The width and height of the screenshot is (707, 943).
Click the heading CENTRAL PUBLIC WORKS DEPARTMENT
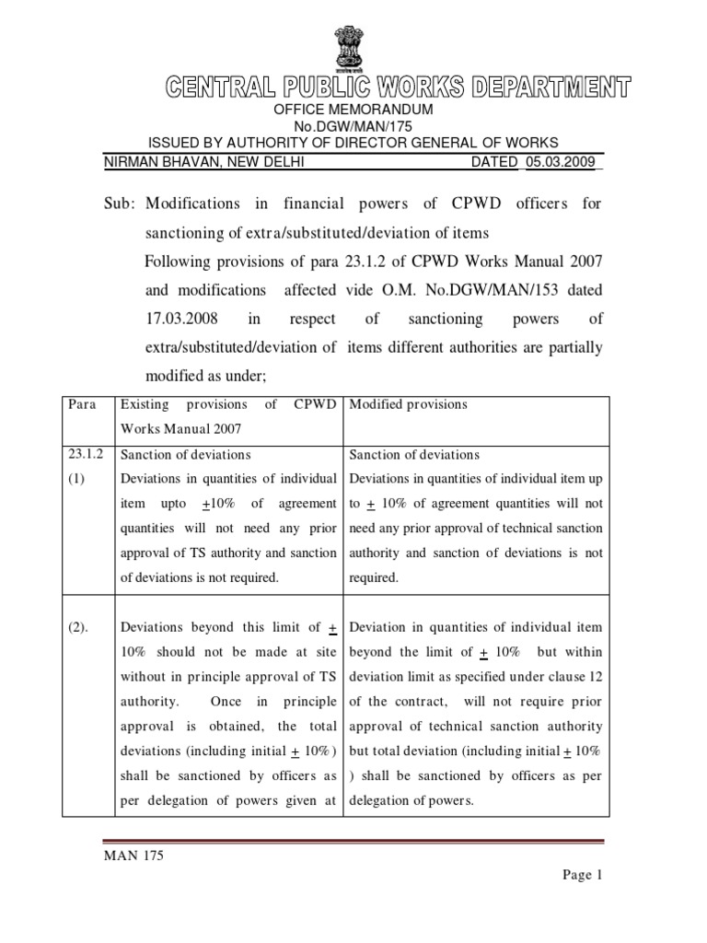[399, 88]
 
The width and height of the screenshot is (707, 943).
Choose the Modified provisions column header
[409, 404]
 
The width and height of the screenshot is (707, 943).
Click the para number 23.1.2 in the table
[84, 455]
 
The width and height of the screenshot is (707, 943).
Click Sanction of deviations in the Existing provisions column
[186, 455]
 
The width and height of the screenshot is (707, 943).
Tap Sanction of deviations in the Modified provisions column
[414, 455]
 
